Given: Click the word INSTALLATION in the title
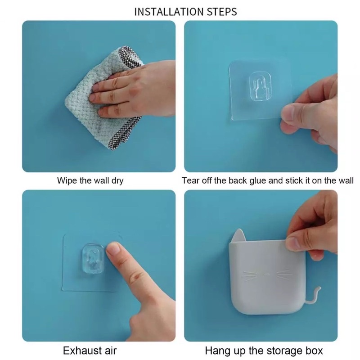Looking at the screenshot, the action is tap(169, 12).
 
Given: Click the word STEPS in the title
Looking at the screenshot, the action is tap(222, 12).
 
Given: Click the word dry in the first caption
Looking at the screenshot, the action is tap(117, 181).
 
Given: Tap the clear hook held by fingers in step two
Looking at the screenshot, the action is tap(260, 86).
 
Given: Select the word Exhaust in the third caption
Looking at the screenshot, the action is tap(82, 351).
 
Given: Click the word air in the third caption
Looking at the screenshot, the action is tap(110, 351).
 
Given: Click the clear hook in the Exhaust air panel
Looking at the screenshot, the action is tap(93, 258).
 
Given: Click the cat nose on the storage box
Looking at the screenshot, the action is tap(267, 274).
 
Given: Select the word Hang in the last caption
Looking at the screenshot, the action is tap(217, 351).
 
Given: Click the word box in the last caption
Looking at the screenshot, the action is tap(314, 351).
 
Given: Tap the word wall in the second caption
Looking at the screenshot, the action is tap(346, 181).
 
